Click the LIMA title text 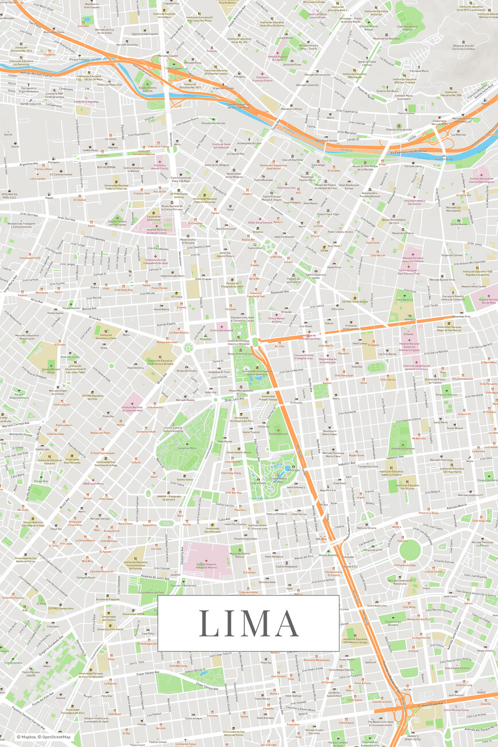pos(249,623)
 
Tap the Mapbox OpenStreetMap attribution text pos(44,737)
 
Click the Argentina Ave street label pos(28,164)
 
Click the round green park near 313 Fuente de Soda pos(410,549)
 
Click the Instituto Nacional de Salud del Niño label pos(132,408)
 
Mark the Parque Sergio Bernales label pos(393,622)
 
